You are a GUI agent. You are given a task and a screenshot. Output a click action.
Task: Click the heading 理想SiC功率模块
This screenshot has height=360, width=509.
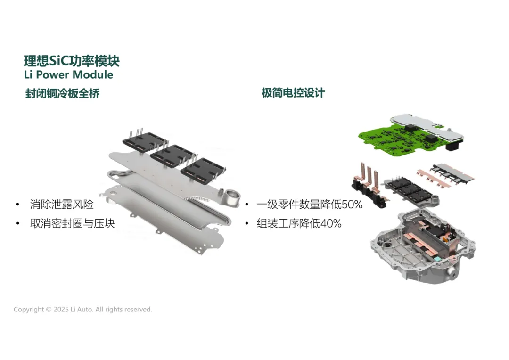(72, 61)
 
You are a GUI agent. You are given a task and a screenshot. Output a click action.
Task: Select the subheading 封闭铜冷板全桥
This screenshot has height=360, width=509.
(62, 93)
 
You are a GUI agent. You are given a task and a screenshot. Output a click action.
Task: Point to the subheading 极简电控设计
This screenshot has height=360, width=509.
(293, 93)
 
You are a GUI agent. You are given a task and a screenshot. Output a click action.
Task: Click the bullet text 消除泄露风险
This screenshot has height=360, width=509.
(61, 204)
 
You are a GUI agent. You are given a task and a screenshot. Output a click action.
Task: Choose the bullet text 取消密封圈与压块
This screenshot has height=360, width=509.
(72, 223)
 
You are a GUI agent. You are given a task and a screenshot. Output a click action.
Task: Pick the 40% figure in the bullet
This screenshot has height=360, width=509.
(331, 224)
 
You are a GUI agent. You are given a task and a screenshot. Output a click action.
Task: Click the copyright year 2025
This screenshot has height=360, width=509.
(61, 310)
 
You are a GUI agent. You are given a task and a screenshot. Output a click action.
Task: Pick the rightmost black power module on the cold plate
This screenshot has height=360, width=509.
(203, 169)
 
